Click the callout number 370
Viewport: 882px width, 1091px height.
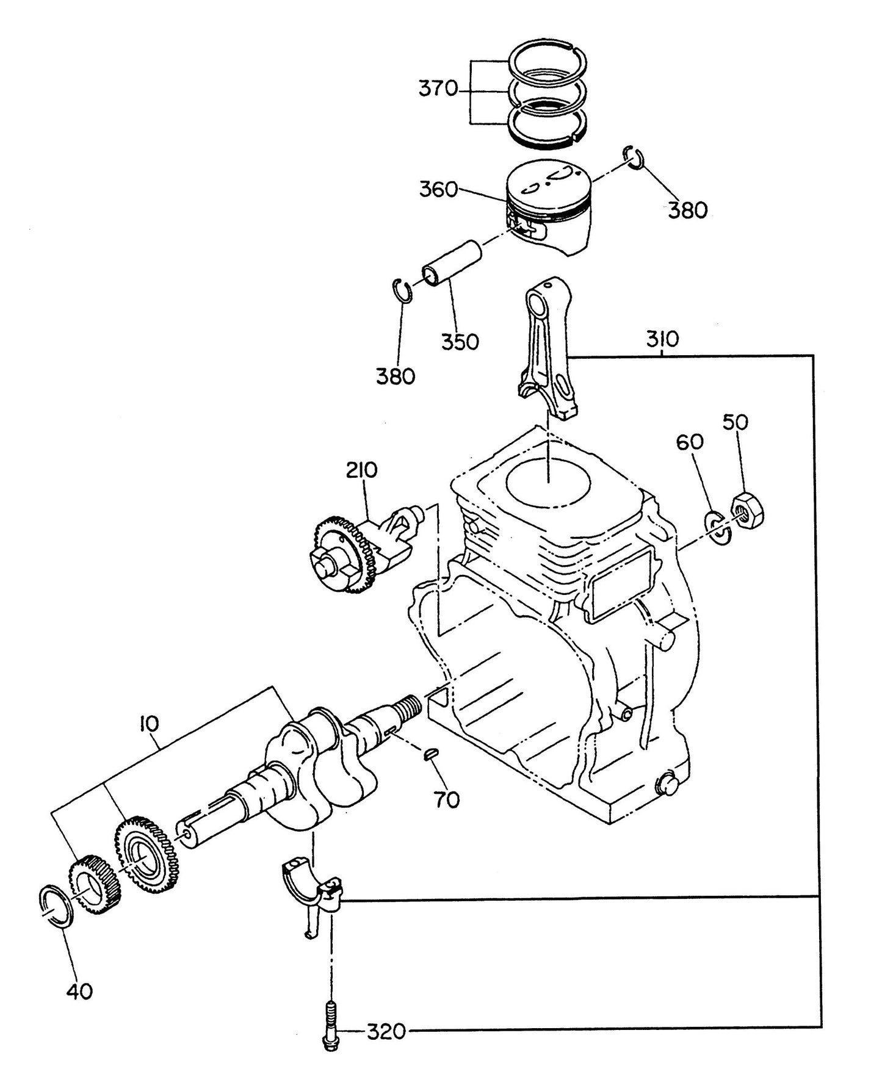coord(437,88)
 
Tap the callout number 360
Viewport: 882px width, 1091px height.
coord(438,190)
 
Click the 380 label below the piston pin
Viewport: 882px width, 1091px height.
coord(395,376)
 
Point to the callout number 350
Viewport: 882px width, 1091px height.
coord(460,342)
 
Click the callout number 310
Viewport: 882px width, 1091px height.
coord(662,339)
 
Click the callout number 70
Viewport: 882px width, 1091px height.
coord(447,799)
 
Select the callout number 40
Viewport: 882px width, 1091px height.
coord(79,992)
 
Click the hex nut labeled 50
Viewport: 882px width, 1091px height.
coord(748,508)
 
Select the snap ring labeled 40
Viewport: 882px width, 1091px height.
coord(56,907)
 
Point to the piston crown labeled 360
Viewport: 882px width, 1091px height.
coord(549,181)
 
